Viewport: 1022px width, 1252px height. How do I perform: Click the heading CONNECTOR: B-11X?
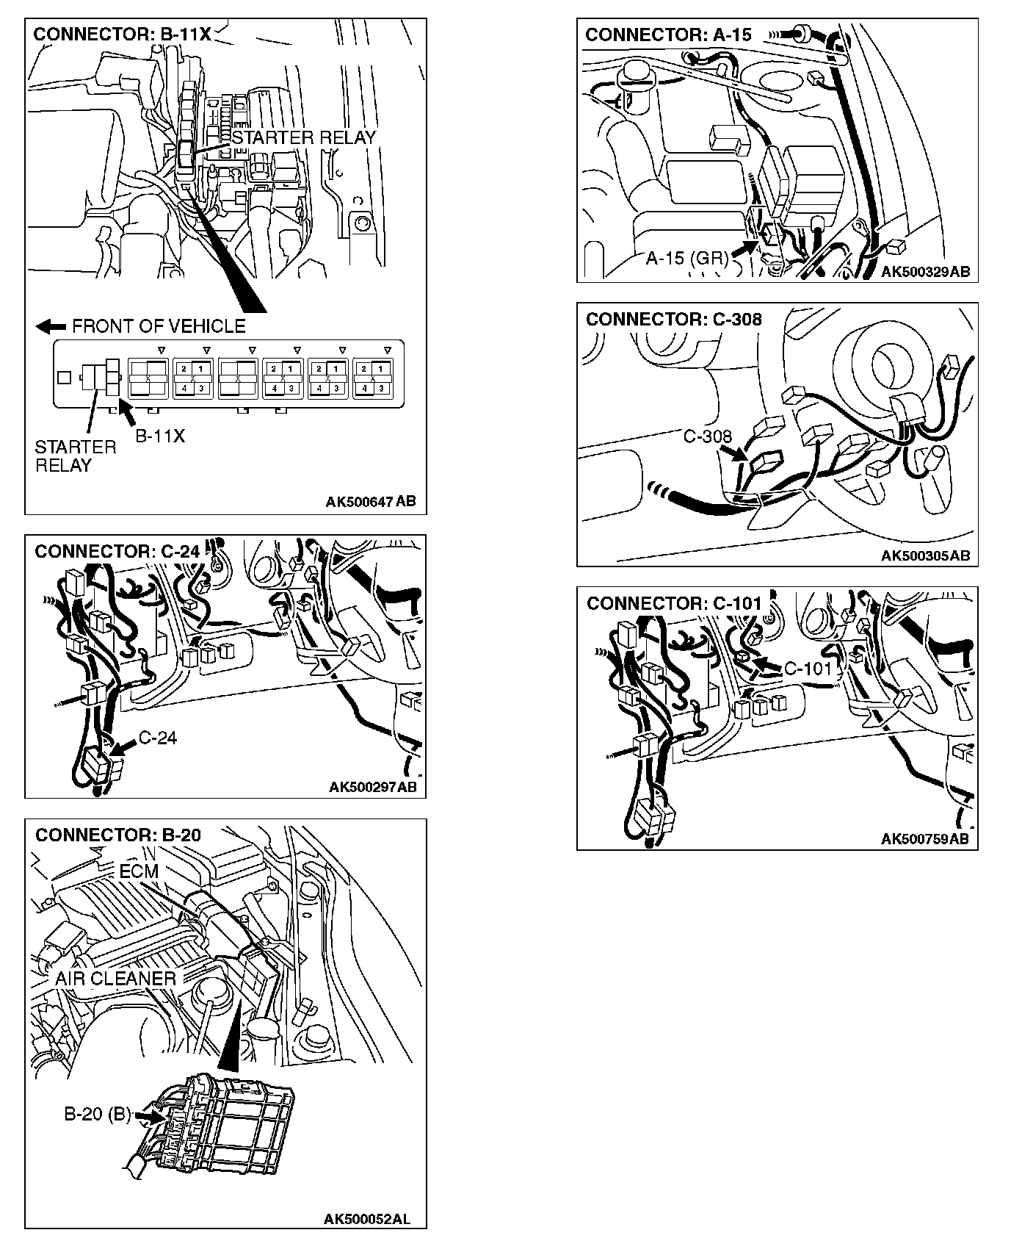coord(122,35)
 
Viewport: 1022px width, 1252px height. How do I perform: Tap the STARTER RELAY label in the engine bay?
coord(303,137)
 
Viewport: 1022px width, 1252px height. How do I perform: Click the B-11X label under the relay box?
coord(160,436)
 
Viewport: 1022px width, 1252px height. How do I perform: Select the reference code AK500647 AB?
coord(370,502)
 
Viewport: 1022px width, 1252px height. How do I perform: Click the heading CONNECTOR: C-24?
coord(117,551)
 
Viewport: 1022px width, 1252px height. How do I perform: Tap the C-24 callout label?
coord(157,737)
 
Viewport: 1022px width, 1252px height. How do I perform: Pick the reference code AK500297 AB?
coord(372,787)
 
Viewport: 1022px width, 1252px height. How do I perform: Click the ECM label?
coord(139,871)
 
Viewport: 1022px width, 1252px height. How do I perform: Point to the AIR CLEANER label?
coord(115,979)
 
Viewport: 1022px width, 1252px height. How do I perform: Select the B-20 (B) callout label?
coord(97,1115)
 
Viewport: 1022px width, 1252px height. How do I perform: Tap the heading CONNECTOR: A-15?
coord(668,35)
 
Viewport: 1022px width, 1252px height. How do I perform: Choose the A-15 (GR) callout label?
coord(687,258)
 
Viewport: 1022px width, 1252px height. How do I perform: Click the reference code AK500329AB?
coord(925,272)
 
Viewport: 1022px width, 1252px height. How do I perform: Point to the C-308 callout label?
coord(707,436)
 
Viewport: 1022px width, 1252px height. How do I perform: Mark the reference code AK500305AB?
coord(925,555)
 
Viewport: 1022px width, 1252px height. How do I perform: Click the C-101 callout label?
coord(808,669)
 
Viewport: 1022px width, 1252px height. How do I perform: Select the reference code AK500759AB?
coord(925,839)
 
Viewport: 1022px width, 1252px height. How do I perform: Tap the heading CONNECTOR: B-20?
coord(117,835)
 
